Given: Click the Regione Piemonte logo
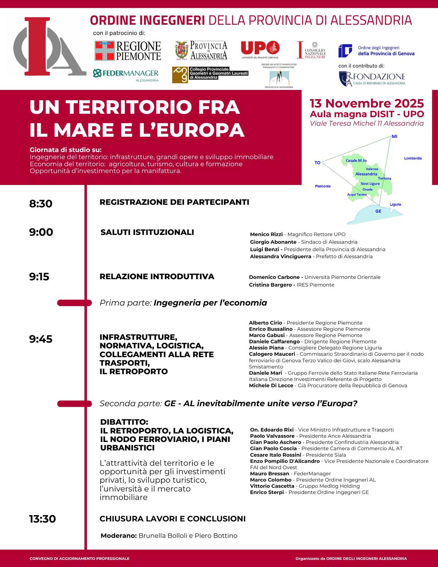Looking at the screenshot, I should click(x=128, y=51).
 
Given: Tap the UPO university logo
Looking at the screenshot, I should click(x=260, y=49).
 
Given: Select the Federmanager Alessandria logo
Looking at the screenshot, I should click(x=125, y=74).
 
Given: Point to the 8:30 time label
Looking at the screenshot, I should click(x=41, y=204).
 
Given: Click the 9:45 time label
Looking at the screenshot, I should click(x=41, y=339).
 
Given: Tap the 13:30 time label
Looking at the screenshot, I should click(x=43, y=519).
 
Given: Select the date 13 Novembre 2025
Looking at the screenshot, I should click(x=367, y=103).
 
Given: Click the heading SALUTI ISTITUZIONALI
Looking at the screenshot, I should click(x=147, y=232).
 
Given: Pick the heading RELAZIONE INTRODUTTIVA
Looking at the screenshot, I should click(x=157, y=276).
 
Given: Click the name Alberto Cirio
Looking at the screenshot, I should click(x=265, y=323).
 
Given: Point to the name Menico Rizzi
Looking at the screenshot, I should click(x=266, y=234).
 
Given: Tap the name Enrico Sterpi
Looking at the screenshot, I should click(x=267, y=492).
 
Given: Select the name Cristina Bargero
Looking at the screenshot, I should click(x=270, y=285).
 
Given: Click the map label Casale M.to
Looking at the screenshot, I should click(x=356, y=161).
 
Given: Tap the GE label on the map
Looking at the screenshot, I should click(x=378, y=211).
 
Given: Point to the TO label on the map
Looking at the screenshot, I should click(x=318, y=163).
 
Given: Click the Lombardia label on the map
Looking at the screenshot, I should click(x=413, y=158).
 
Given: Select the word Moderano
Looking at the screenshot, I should click(x=118, y=535).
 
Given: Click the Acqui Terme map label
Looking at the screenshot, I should click(x=356, y=195).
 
